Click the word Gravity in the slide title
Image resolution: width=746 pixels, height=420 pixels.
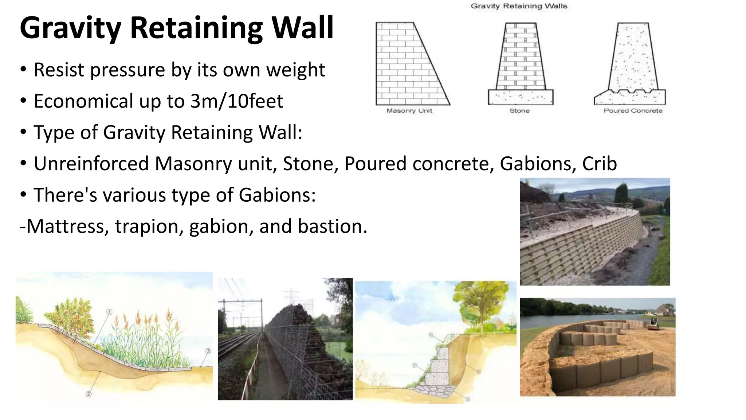70,28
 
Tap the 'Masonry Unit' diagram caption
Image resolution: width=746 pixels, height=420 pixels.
409,111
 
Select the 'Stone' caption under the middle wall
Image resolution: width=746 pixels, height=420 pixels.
519,111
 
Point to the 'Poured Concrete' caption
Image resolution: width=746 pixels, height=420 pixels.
633,111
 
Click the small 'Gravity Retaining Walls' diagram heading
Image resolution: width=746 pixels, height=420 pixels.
519,6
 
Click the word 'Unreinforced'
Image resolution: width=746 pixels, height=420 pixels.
91,164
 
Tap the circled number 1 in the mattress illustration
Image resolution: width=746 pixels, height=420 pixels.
109,312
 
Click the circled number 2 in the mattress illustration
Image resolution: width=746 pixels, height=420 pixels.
89,394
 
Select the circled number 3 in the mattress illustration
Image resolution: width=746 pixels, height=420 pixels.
208,351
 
